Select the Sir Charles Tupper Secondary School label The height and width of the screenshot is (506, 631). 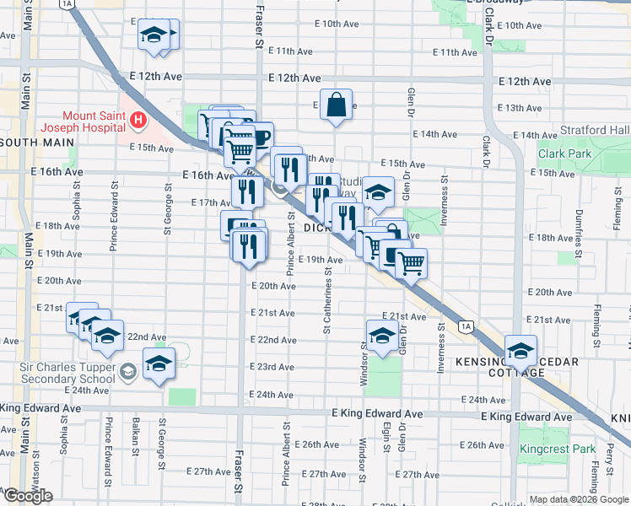67,373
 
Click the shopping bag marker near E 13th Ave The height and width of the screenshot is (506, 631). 336,106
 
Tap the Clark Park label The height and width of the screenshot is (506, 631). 565,154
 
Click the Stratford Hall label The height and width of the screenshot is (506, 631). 598,130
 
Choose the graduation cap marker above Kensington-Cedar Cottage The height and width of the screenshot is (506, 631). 520,350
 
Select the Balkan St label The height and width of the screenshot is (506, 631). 135,439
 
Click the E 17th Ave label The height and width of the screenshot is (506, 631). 211,202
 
